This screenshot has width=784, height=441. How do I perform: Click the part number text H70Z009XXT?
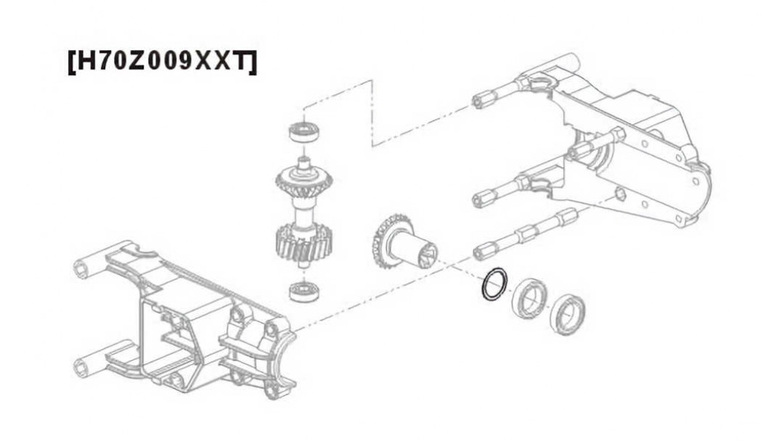tap(162, 62)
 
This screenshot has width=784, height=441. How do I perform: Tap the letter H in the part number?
tap(85, 62)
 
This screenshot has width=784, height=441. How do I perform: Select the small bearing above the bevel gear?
tap(304, 132)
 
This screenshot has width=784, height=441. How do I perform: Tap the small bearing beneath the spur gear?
tap(304, 291)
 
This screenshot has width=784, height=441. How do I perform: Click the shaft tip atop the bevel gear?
tap(304, 162)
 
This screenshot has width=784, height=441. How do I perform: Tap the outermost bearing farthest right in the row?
tap(567, 315)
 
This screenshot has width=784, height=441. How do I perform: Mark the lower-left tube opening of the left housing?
tap(82, 368)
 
